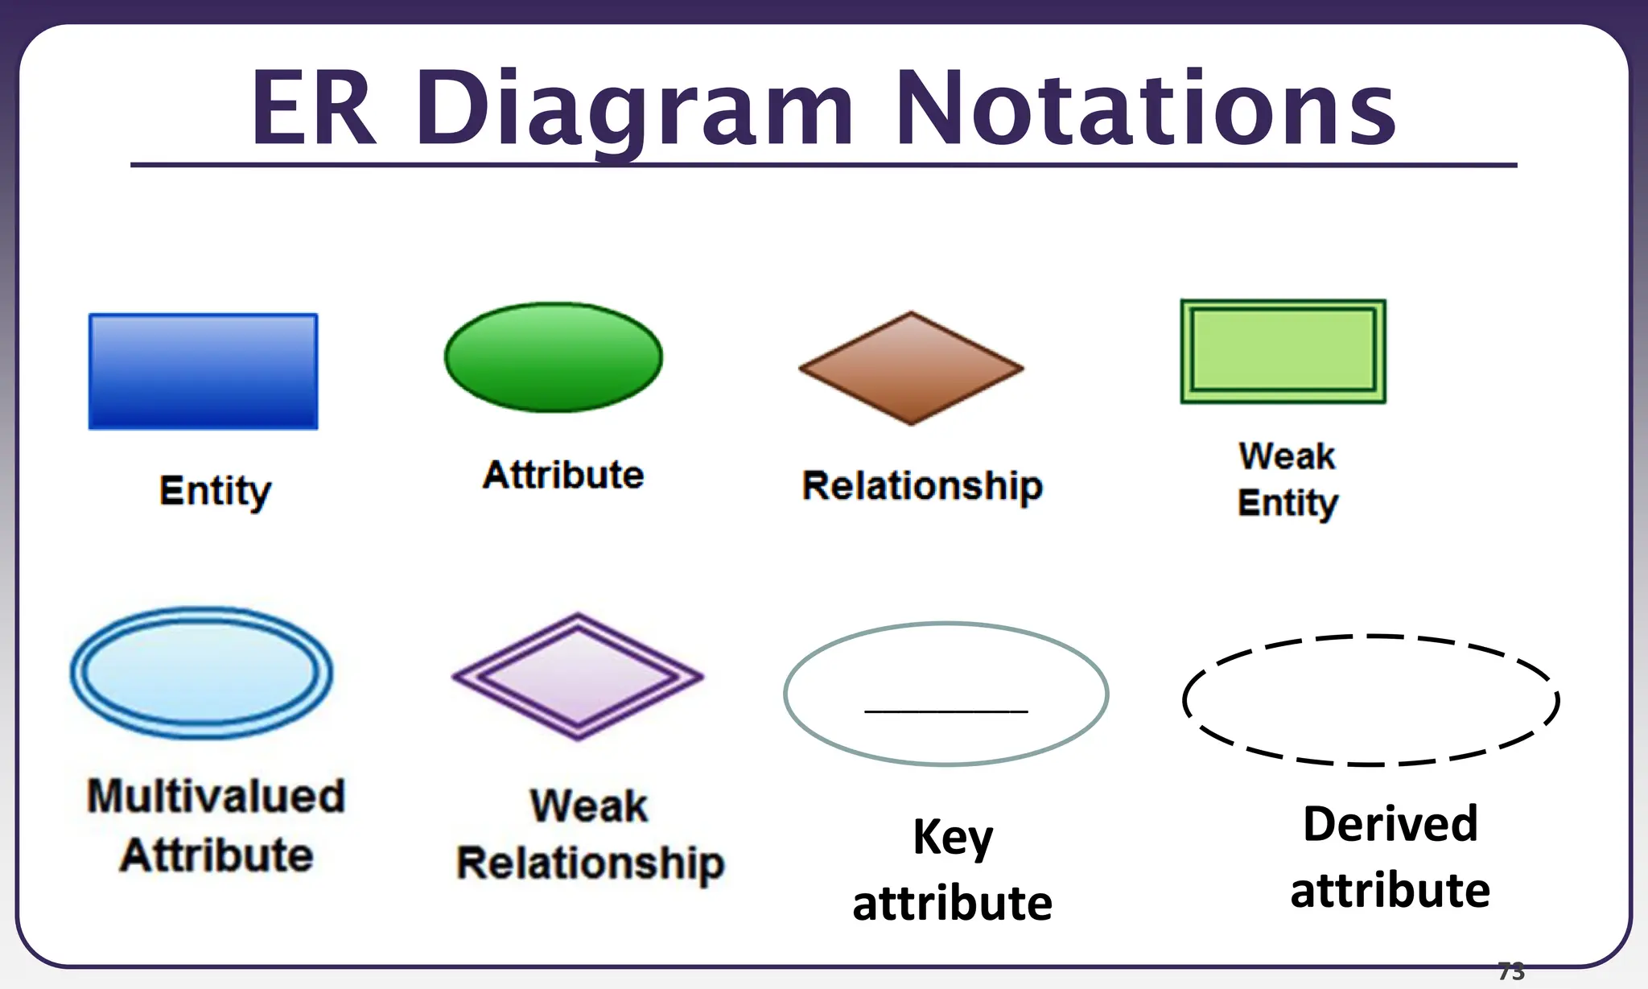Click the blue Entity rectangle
coord(203,371)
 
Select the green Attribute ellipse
coord(554,357)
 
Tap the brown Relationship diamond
coord(911,368)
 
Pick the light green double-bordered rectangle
coord(1283,351)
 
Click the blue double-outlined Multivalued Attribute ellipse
coord(201,673)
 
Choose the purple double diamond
coord(578,676)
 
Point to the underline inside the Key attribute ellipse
coord(946,711)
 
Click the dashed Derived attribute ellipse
coord(1370,699)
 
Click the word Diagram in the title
coord(634,109)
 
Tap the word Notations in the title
coord(1144,109)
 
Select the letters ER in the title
coord(314,109)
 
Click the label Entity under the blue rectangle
coord(215,491)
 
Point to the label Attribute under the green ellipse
coord(563,475)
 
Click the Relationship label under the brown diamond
coord(922,486)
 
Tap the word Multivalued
coord(216,796)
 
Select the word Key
coord(953,838)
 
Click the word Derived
coord(1390,824)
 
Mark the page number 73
coord(1511,971)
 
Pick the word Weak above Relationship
coord(589,806)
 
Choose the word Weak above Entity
coord(1287,456)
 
